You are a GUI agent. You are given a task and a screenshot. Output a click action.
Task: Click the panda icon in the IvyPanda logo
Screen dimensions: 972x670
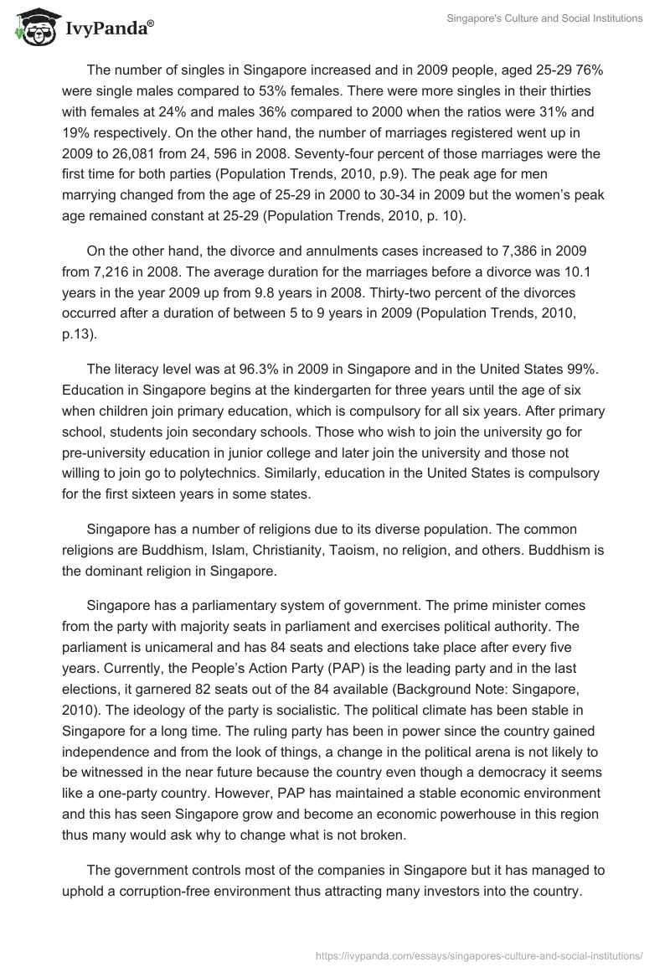pyautogui.click(x=33, y=28)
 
